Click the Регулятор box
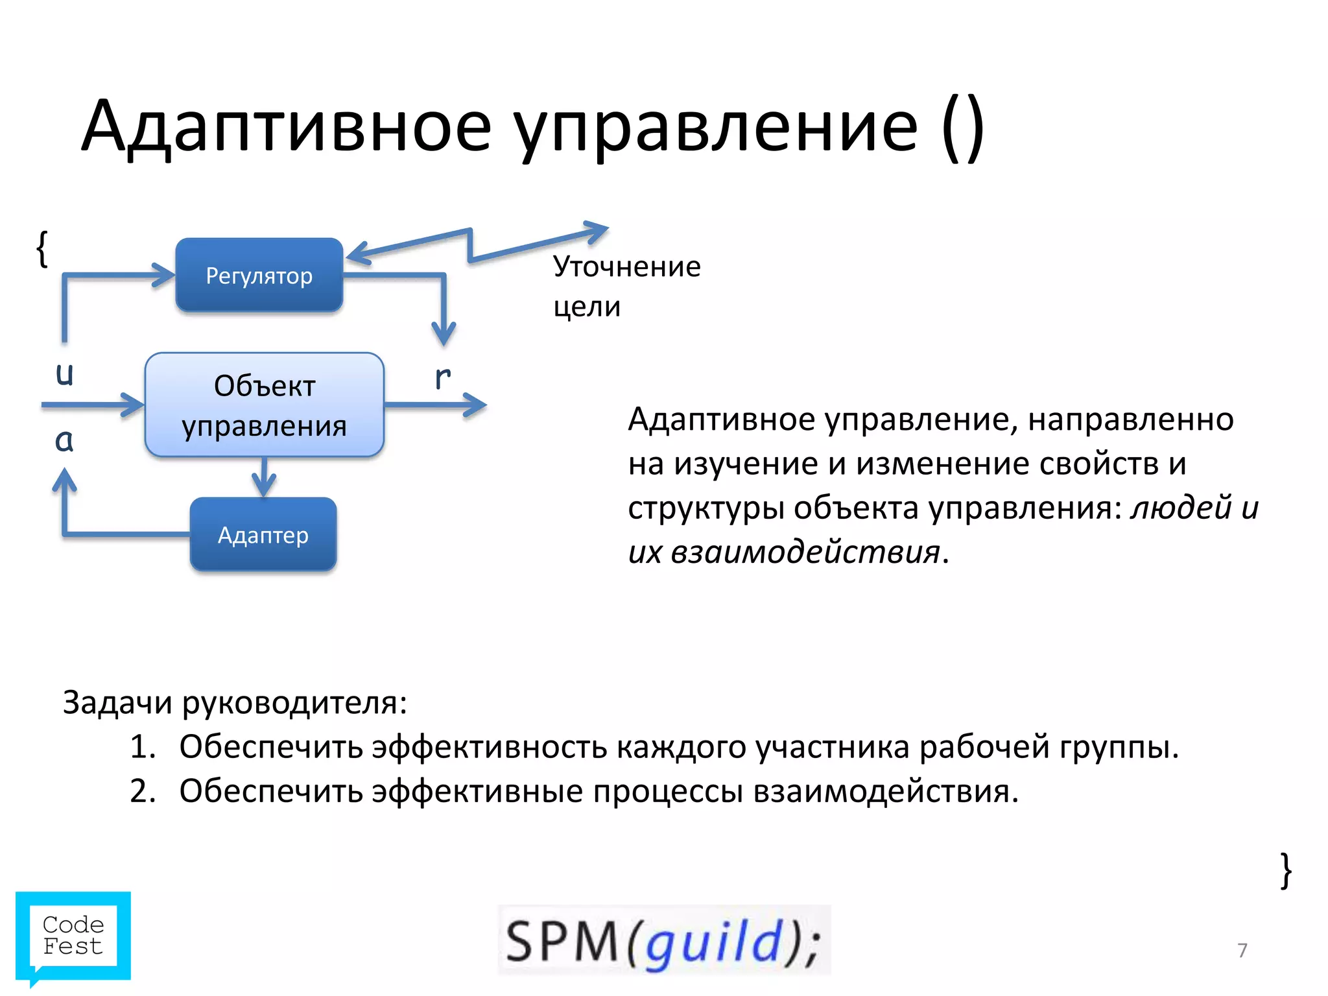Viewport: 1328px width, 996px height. [259, 276]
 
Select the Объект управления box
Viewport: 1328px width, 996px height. [265, 405]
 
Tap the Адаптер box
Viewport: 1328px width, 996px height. [263, 535]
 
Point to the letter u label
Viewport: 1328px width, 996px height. [64, 374]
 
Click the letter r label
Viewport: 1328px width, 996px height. [443, 377]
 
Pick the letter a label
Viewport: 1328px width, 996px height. [64, 440]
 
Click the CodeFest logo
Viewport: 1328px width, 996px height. [73, 936]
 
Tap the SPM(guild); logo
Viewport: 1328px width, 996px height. [664, 941]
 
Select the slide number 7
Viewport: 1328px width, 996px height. [1242, 951]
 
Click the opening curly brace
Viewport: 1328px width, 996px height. [42, 248]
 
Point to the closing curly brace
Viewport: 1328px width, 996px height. [1286, 871]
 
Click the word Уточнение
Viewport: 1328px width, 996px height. [626, 267]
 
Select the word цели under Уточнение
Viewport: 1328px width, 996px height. [587, 307]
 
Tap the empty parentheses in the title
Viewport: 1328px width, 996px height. [963, 126]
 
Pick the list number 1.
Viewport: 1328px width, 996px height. [143, 747]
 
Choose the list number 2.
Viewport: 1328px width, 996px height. [143, 791]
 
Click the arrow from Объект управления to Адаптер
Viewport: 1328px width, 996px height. [264, 478]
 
